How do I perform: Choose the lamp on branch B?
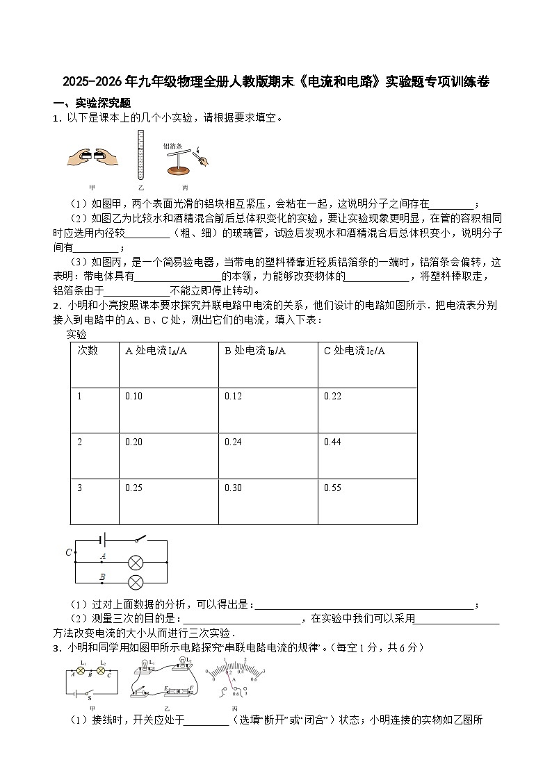point(136,582)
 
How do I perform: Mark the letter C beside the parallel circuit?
point(69,553)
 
